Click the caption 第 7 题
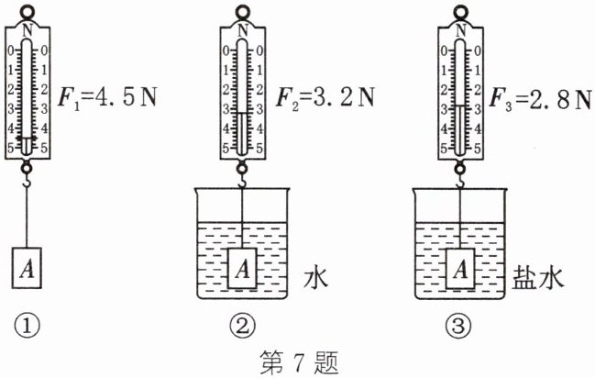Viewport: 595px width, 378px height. [x=296, y=362]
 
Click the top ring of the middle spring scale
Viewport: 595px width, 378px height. [x=242, y=12]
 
